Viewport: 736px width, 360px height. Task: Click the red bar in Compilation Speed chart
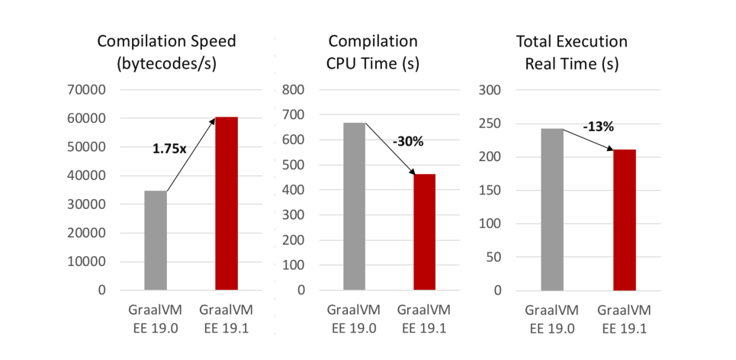coord(227,204)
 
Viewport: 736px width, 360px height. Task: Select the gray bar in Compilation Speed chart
coord(156,240)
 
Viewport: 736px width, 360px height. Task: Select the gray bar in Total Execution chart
coord(552,209)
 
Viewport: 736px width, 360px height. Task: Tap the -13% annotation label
coord(598,127)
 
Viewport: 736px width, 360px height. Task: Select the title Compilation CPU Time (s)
coord(372,53)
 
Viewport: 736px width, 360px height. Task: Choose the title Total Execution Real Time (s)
coord(571,53)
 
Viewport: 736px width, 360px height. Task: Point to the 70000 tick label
coord(90,90)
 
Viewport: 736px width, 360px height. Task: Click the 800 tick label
coord(294,90)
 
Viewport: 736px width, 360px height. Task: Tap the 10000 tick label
coord(90,262)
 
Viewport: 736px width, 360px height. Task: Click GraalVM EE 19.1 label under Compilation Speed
coord(227,320)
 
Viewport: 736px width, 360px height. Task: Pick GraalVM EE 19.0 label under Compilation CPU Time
coord(355,320)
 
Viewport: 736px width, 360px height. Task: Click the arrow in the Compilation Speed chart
coord(191,156)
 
